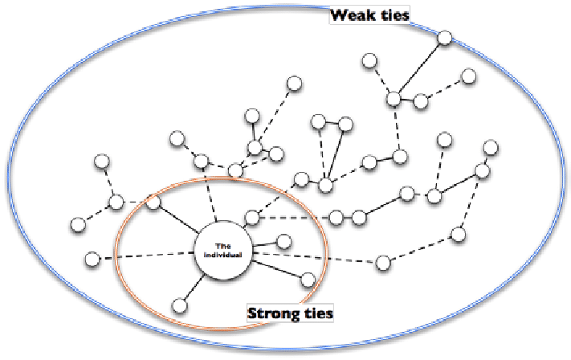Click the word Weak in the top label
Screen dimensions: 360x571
click(353, 14)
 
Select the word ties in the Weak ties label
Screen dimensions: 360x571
click(394, 14)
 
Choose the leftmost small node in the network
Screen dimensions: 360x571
click(77, 224)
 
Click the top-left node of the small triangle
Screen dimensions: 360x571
click(318, 122)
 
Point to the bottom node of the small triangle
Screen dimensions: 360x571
click(325, 186)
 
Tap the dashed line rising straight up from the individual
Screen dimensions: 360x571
click(211, 199)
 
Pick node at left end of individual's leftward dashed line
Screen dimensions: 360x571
click(92, 259)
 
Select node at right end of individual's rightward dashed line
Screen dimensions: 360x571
click(384, 262)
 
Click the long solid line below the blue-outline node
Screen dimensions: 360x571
click(418, 67)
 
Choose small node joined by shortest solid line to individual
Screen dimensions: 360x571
click(283, 240)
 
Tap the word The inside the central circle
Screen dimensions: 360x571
click(223, 246)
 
